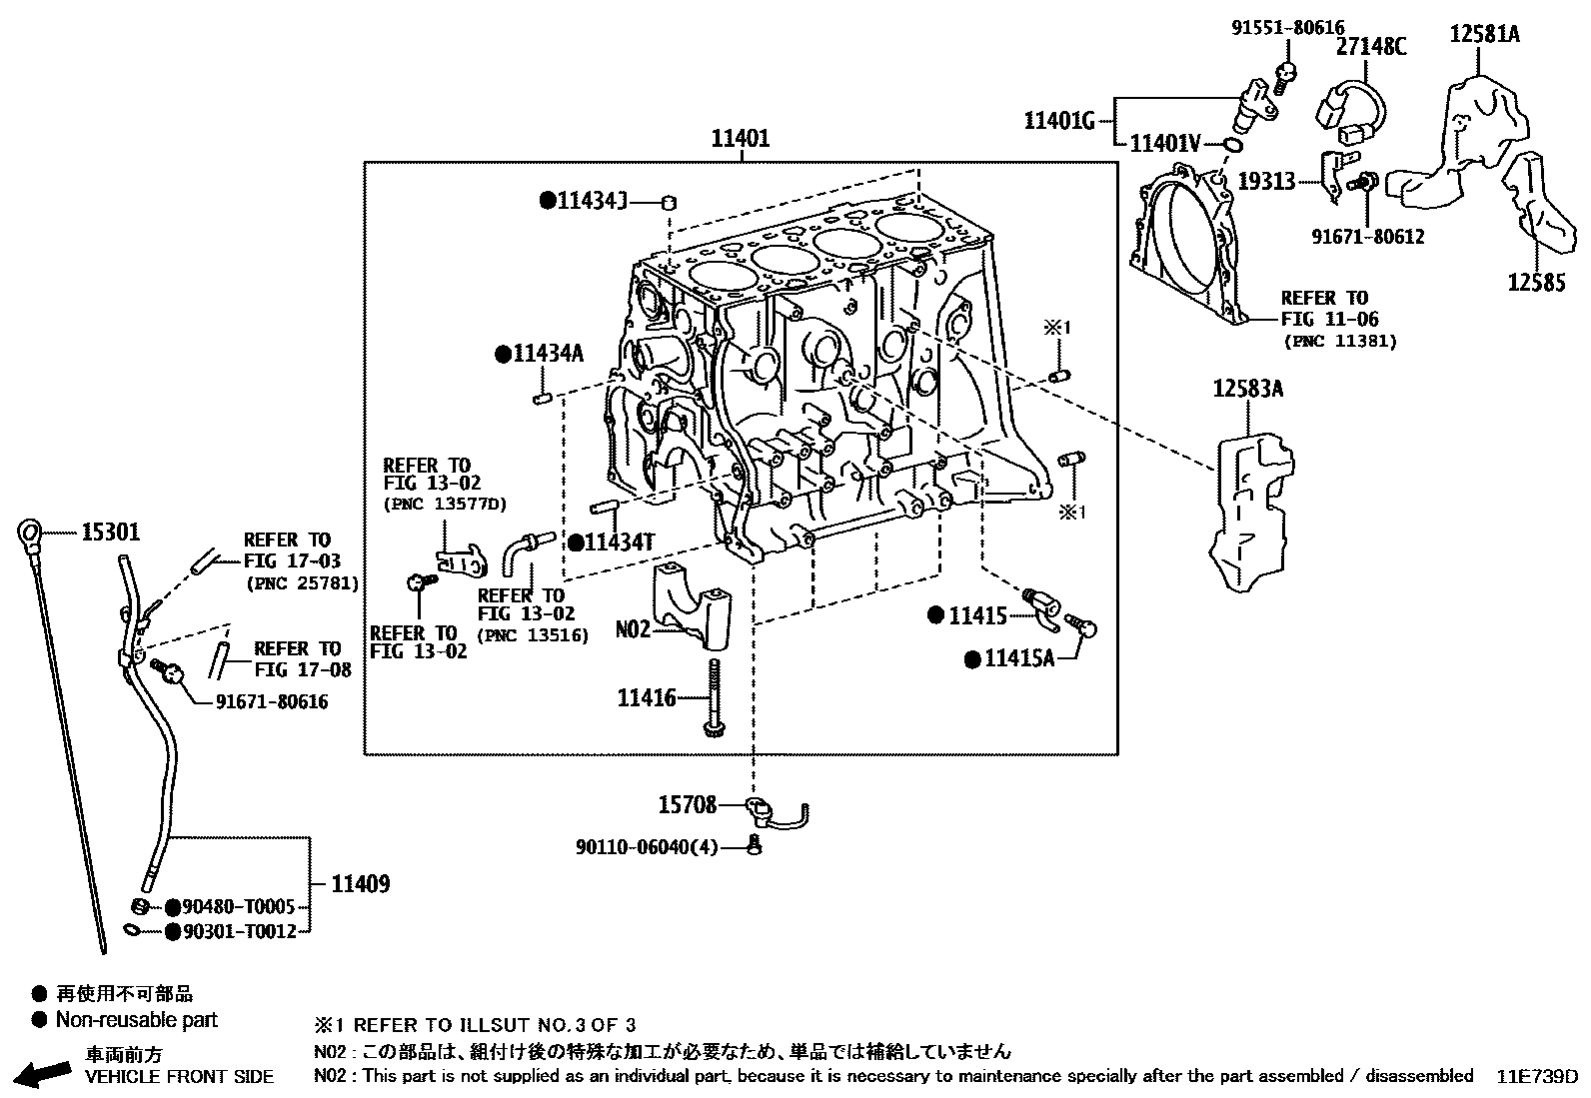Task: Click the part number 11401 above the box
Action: (740, 139)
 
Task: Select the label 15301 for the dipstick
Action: (110, 533)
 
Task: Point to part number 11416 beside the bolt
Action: (647, 697)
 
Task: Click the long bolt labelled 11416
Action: (714, 699)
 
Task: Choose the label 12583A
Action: (1247, 389)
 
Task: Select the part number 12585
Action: (1536, 283)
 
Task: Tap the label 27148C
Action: (1371, 45)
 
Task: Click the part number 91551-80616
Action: (1287, 28)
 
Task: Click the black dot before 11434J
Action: (547, 200)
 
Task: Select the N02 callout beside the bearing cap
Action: (632, 629)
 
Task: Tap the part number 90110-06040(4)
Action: (646, 847)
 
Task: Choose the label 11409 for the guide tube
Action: (360, 883)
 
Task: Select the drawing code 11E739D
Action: (1536, 1076)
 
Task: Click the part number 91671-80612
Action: (1366, 237)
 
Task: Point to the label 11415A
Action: (1018, 658)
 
